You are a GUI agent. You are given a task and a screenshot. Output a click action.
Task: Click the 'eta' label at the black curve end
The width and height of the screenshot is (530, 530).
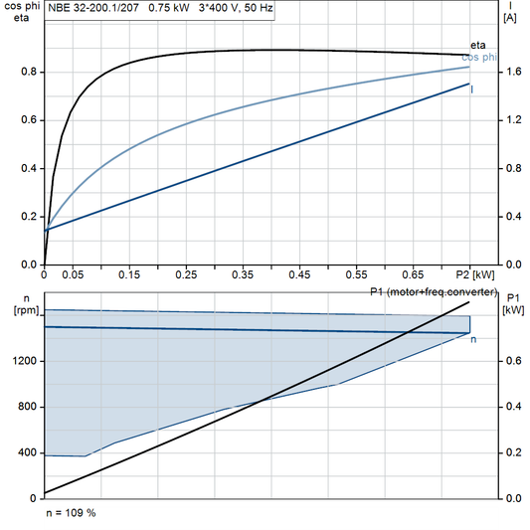(478, 46)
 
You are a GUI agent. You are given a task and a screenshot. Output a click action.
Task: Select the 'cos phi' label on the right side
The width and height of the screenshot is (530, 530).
(480, 58)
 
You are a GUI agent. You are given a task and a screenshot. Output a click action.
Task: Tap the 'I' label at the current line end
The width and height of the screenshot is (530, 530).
(471, 89)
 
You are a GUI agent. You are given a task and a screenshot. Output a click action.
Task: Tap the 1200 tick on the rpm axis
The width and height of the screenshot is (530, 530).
(26, 361)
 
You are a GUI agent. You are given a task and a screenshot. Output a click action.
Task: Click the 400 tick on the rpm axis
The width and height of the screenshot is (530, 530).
(29, 452)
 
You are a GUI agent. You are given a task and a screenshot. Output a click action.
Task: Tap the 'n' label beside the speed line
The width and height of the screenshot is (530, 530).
(473, 340)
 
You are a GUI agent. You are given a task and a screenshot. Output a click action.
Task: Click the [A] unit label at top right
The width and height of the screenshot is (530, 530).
(510, 18)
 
